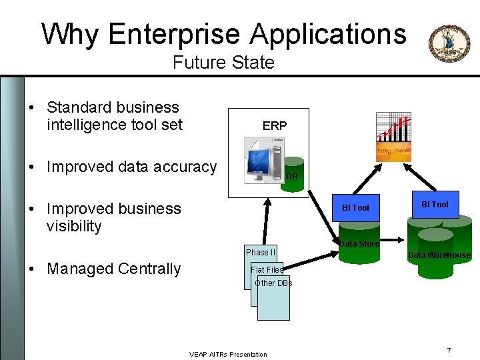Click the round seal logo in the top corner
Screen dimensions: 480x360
pos(449,43)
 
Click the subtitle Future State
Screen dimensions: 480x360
pos(223,63)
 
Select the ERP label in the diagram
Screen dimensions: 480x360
pos(275,125)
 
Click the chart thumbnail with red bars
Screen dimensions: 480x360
pos(393,137)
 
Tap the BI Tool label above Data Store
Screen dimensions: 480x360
pos(355,207)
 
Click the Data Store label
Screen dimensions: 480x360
pos(359,244)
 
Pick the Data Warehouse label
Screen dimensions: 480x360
pos(439,255)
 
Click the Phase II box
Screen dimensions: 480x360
pos(260,253)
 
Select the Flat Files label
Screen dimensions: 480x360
pos(267,270)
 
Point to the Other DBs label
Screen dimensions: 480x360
pos(273,283)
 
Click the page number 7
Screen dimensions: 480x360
pos(449,351)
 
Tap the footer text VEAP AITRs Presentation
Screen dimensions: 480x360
pos(228,354)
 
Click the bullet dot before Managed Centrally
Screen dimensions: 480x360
pos(32,269)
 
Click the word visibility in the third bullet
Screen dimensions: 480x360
pos(74,226)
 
